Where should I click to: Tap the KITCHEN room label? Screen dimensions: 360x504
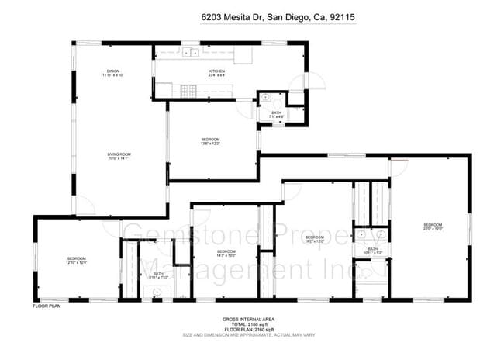tap(217, 73)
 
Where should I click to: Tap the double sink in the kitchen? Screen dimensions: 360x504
tap(189, 53)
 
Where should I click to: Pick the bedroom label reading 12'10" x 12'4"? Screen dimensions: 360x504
tap(76, 261)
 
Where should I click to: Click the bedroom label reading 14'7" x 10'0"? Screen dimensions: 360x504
tap(226, 253)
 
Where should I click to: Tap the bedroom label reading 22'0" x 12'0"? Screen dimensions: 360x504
tap(432, 227)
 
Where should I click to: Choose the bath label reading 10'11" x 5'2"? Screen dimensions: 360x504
tap(373, 251)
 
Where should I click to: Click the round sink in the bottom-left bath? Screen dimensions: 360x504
tap(156, 292)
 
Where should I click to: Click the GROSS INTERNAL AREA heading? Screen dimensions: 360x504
tap(247, 319)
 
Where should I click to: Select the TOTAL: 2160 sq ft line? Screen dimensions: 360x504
tap(247, 325)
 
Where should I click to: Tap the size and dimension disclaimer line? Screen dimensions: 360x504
tap(247, 336)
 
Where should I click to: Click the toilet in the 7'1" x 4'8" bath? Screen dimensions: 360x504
tap(265, 99)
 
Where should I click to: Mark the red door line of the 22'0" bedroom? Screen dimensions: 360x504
tap(399, 161)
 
